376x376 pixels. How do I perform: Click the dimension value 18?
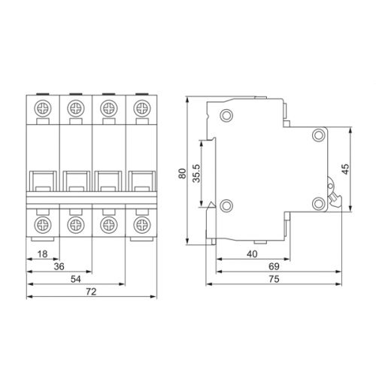click(43, 254)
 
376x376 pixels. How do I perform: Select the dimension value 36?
click(59, 266)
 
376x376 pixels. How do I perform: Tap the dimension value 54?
click(76, 279)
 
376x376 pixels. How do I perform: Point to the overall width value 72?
click(91, 292)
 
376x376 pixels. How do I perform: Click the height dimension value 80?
click(183, 174)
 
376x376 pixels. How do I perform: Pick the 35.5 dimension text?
click(196, 174)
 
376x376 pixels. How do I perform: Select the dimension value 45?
click(345, 169)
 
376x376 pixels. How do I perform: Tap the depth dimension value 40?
click(252, 254)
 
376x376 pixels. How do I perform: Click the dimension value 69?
click(274, 266)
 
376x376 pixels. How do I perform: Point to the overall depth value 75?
click(274, 279)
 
